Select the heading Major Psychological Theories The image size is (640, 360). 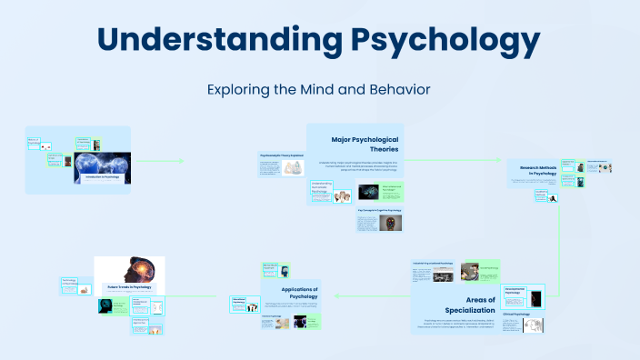(364, 144)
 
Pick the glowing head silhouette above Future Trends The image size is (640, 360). (129, 268)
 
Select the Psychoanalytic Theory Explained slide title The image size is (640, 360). (281, 155)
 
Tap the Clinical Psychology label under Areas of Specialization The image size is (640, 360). (515, 313)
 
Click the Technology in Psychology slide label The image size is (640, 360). (73, 282)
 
